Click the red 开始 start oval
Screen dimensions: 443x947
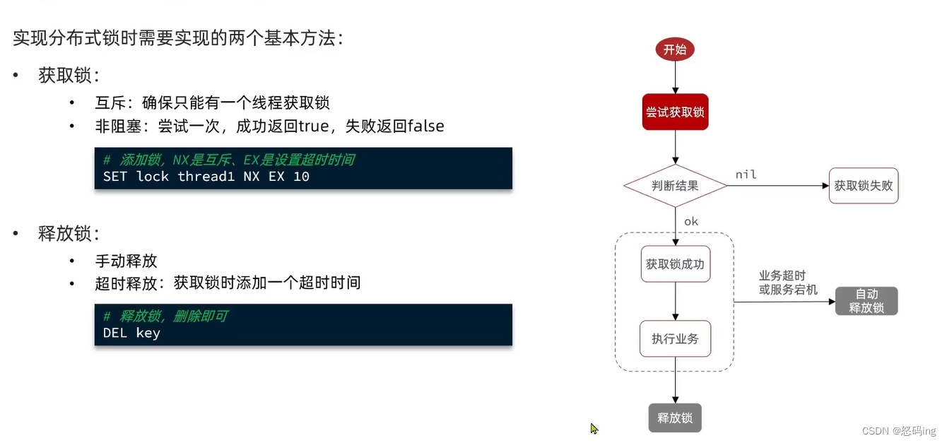(675, 49)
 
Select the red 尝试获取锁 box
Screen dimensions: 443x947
(675, 112)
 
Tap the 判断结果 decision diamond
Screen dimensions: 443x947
(675, 186)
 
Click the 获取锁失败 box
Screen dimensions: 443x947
(863, 186)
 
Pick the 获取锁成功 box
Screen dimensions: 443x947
(675, 264)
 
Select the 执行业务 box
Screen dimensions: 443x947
(675, 338)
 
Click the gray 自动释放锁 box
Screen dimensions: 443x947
(866, 301)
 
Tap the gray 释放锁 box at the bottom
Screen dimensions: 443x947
(675, 418)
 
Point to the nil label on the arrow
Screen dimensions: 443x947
(746, 175)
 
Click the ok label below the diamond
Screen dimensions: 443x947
(690, 221)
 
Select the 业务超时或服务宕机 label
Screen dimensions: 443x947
(788, 283)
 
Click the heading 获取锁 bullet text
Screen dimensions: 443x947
(69, 76)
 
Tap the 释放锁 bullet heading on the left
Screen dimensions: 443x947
(69, 234)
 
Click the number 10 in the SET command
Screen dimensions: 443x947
(301, 177)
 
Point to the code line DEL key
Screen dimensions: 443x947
(131, 333)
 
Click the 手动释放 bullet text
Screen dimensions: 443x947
(126, 261)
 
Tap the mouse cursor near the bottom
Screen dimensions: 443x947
(594, 428)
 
